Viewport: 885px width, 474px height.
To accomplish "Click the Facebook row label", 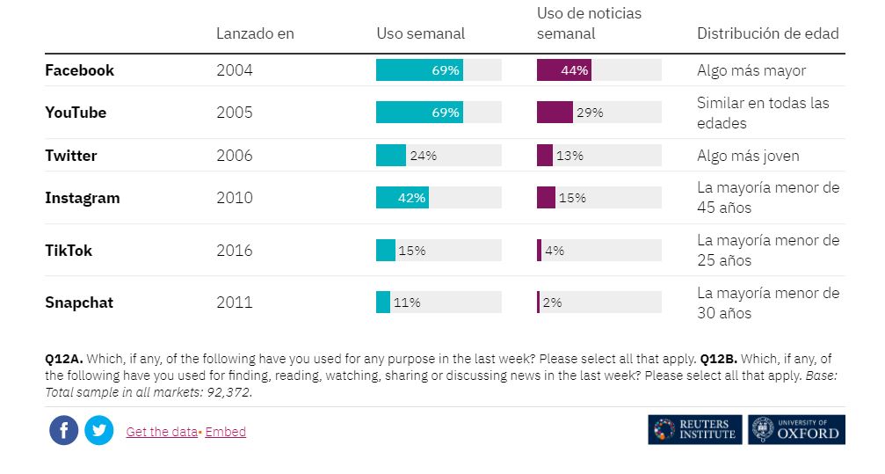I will click(x=79, y=70).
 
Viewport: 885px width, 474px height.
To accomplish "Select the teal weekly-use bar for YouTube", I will click(x=419, y=113).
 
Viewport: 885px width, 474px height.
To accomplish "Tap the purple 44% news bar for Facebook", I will click(x=563, y=70).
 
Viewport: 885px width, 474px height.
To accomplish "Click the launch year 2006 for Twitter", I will click(x=234, y=156).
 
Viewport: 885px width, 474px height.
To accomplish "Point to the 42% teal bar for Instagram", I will click(x=403, y=198).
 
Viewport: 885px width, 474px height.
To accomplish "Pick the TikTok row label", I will click(x=69, y=251).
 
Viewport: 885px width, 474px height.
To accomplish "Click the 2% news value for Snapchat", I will click(x=552, y=303).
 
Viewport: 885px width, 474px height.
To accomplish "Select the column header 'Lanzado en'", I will click(x=255, y=33).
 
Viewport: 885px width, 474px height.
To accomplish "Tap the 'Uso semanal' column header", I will click(x=420, y=33).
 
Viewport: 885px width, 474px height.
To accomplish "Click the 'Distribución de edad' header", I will click(x=767, y=33).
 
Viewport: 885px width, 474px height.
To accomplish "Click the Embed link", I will click(x=226, y=432).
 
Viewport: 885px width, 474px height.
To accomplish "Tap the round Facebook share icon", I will click(x=64, y=431).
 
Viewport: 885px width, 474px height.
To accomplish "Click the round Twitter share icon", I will click(x=99, y=431).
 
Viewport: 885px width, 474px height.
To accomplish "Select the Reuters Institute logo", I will click(x=695, y=430).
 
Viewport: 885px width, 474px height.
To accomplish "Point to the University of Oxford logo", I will click(x=797, y=430).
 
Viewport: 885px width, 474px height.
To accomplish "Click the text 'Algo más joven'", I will click(x=748, y=156).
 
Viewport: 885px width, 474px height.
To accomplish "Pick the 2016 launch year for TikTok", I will click(x=234, y=251).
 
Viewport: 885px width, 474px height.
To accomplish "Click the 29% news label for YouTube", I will click(x=590, y=113).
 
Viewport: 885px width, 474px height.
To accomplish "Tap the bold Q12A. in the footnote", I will click(x=63, y=359).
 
